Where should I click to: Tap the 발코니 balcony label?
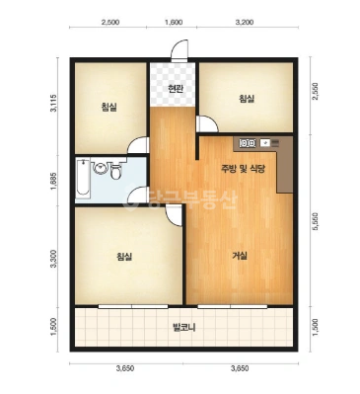coord(184,328)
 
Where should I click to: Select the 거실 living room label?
coord(240,256)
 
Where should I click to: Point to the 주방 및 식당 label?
coord(243,169)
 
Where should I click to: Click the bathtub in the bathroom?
coord(83,179)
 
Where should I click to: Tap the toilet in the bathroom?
coord(115,170)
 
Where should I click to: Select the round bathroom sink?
coord(100,168)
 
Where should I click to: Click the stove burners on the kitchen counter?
coord(248,143)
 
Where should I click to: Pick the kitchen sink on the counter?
coord(265,143)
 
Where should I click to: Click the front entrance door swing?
coord(180,50)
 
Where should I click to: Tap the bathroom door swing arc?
coord(137,196)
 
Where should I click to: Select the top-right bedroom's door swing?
coord(207,123)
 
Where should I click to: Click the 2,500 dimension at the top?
coord(110,23)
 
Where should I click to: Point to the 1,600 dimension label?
coord(174,23)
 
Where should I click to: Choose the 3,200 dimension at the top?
coord(245,23)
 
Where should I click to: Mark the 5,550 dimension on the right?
coord(316,223)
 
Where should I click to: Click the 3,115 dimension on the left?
coord(53,104)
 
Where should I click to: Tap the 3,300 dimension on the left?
coord(54,259)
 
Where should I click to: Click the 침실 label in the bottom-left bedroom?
coord(124,257)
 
